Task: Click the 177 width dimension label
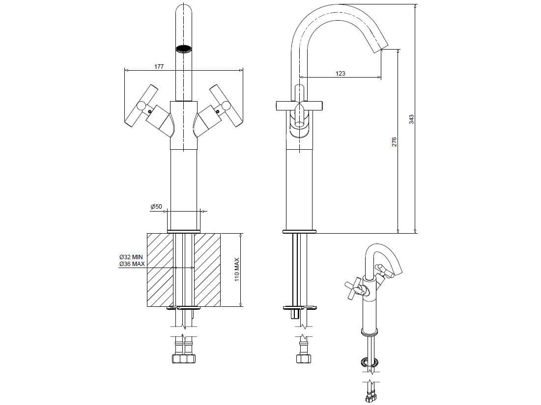point(159,66)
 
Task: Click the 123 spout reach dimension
point(340,74)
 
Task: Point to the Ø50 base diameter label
point(156,207)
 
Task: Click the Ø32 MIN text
point(131,257)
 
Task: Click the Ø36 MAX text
point(131,264)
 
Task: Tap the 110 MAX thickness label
point(236,270)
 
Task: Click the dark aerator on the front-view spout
point(183,49)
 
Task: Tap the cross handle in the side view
point(298,105)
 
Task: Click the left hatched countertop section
point(160,270)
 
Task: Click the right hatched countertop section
point(207,270)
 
